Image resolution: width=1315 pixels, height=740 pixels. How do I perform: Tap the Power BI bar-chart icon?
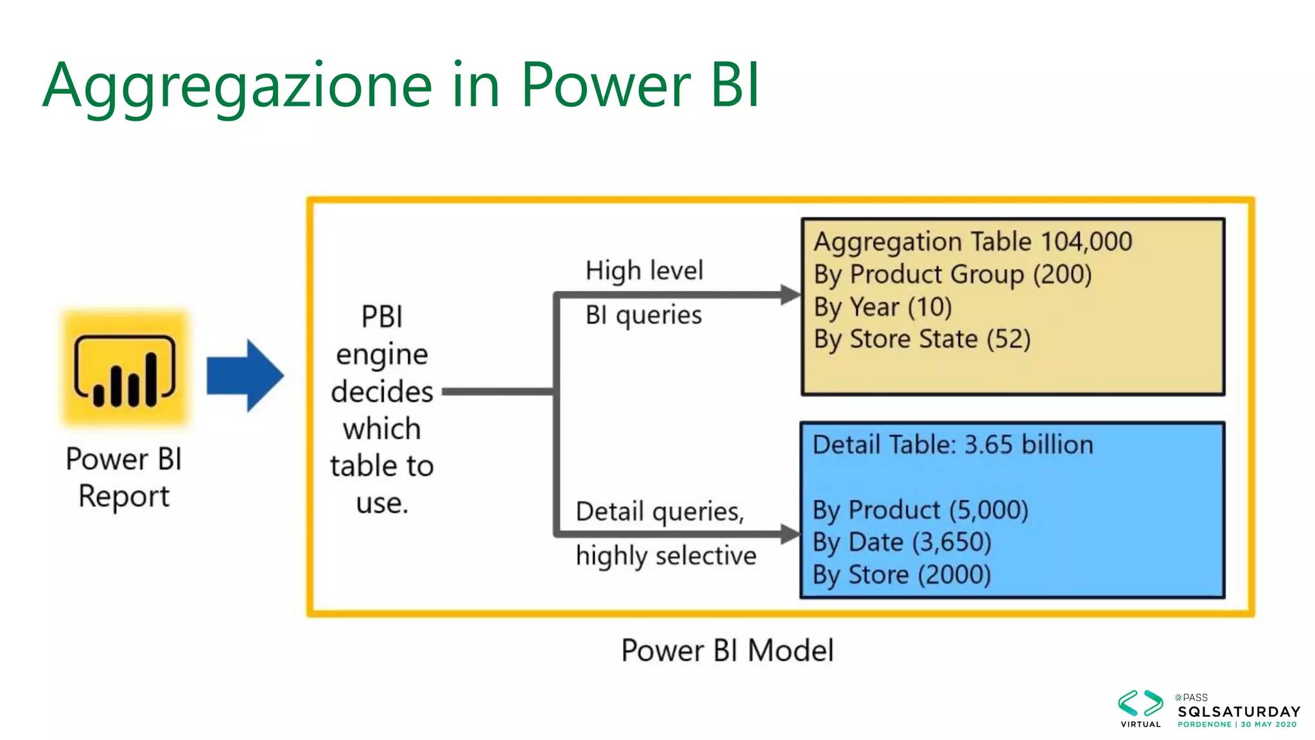125,371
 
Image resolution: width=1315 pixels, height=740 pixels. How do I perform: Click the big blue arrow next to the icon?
245,375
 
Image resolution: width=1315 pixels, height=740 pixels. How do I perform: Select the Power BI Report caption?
124,477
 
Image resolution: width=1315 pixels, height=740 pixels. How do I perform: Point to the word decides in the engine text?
382,391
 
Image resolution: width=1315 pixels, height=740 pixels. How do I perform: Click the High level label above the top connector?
644,270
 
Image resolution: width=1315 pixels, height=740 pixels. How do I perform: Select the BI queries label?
643,315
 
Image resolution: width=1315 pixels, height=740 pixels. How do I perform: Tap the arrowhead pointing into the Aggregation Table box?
790,295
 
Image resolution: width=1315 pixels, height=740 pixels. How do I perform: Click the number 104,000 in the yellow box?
1086,242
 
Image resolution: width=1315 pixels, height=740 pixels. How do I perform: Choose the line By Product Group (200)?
952,274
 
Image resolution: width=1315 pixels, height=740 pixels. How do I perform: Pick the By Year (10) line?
882,307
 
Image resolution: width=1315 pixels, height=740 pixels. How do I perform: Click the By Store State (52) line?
921,339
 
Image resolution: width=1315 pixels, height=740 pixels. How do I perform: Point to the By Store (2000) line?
901,574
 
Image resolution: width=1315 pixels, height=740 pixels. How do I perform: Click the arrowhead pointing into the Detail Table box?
790,533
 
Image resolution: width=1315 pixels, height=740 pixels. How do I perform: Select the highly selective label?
666,556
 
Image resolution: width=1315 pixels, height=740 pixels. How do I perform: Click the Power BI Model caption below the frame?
727,650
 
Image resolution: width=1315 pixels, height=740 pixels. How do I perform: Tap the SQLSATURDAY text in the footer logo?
1239,711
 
